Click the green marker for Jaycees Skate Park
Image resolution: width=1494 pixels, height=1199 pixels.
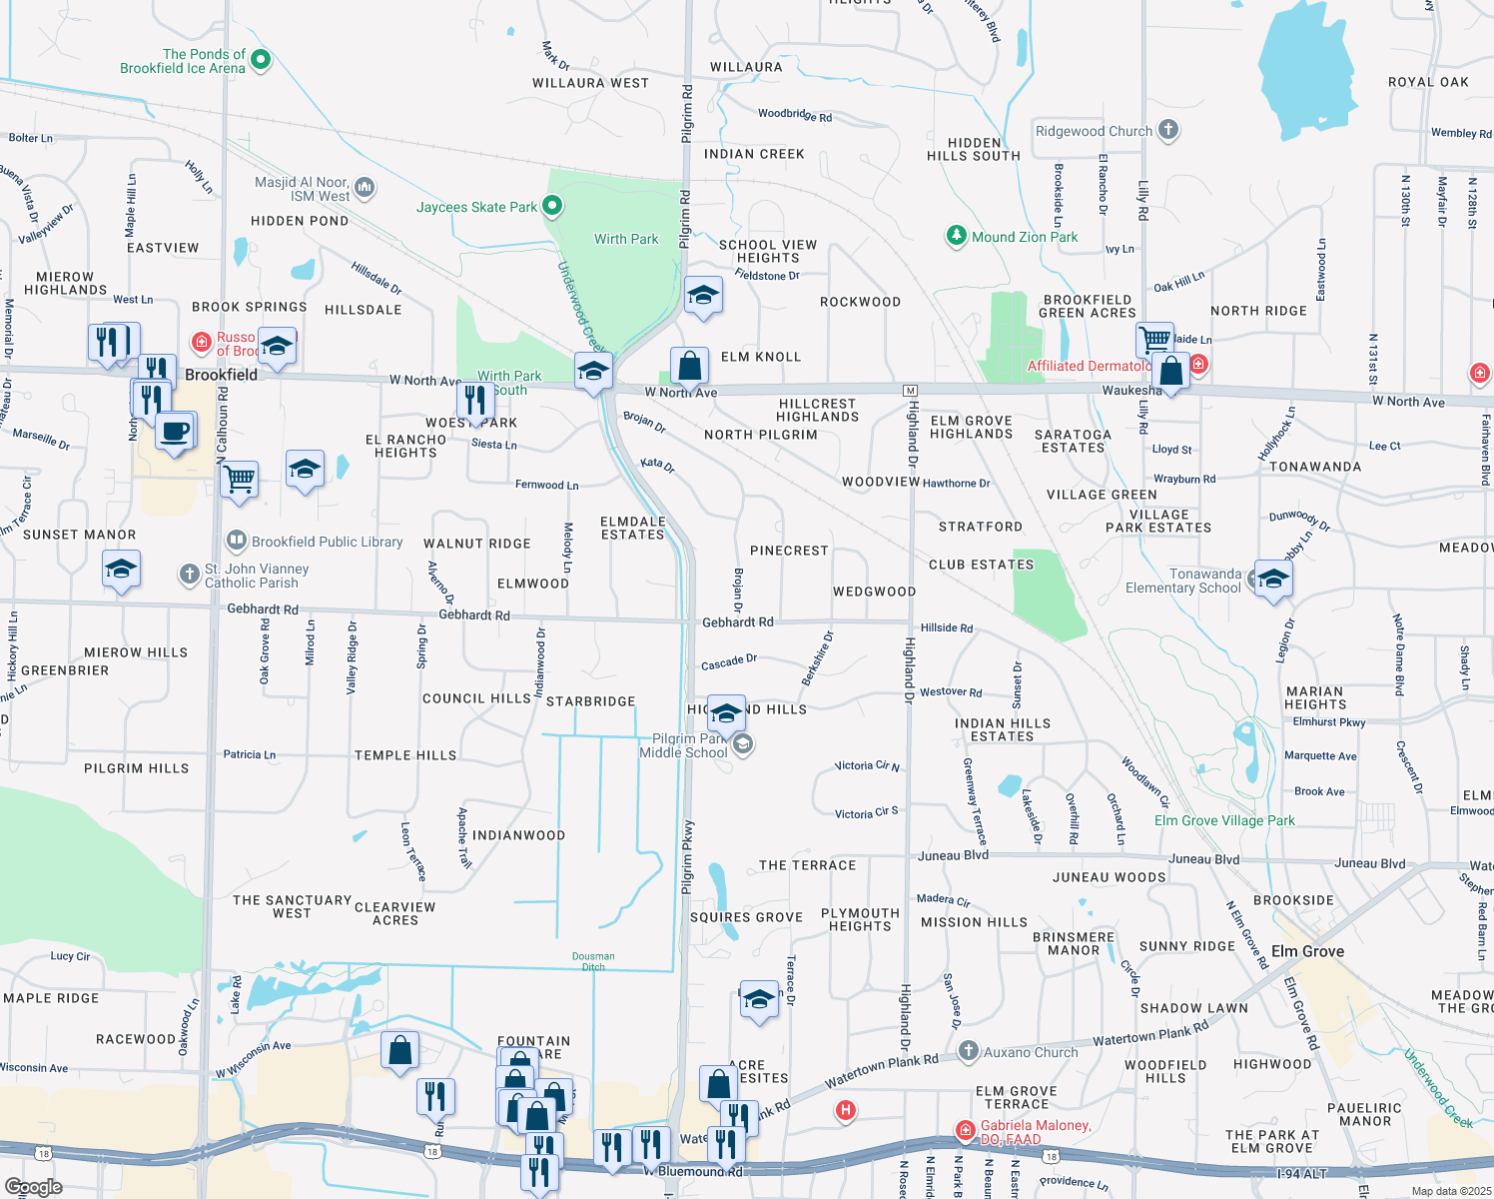552,207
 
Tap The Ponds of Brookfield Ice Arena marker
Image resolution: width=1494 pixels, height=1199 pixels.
261,60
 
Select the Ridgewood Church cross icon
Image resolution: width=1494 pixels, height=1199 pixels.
1168,130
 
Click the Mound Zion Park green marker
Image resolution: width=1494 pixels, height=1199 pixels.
957,236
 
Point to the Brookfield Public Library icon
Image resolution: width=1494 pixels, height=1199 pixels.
237,542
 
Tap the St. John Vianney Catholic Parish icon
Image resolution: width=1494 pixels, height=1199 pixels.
190,575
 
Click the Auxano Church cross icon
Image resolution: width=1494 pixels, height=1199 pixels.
968,1051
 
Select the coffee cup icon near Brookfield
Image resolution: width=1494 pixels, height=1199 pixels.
176,432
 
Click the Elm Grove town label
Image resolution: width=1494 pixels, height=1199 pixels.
1307,951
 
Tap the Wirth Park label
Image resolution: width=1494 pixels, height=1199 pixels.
626,239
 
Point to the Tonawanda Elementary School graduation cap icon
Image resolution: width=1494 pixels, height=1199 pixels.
1273,579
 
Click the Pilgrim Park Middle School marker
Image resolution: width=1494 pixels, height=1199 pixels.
742,744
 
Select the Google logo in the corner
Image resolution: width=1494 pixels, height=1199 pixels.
34,1186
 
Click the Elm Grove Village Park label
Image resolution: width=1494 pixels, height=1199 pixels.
1224,820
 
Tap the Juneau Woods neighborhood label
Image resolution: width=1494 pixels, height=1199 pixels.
1109,877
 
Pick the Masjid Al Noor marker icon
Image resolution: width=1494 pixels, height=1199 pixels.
365,187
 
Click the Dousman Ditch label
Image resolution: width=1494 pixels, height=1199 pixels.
593,961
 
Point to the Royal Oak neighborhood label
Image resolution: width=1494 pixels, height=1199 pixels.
1428,82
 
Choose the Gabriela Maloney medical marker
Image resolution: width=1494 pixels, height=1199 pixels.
965,1130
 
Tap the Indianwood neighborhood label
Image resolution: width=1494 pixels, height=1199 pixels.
518,835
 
